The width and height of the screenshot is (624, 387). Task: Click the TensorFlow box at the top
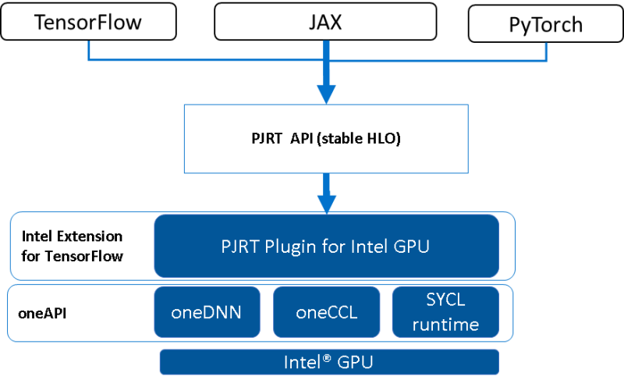pos(88,21)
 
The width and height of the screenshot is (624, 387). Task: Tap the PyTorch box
pos(545,24)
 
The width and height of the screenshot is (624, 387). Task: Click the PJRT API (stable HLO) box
pos(326,140)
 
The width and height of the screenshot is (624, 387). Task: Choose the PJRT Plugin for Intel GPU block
pos(326,246)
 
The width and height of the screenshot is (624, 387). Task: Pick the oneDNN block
pos(206,312)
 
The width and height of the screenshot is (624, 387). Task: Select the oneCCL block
pos(326,312)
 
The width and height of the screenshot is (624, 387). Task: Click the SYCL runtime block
pos(445,311)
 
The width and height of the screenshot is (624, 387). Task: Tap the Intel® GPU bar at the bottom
pos(328,363)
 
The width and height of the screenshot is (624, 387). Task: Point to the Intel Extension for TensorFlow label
pos(72,246)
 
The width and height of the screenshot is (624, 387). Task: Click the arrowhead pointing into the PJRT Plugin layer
pos(325,202)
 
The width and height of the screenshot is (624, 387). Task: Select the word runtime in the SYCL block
pos(445,324)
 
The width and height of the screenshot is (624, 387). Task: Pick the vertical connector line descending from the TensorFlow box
pos(90,49)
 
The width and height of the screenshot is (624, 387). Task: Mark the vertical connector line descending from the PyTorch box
pos(546,51)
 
